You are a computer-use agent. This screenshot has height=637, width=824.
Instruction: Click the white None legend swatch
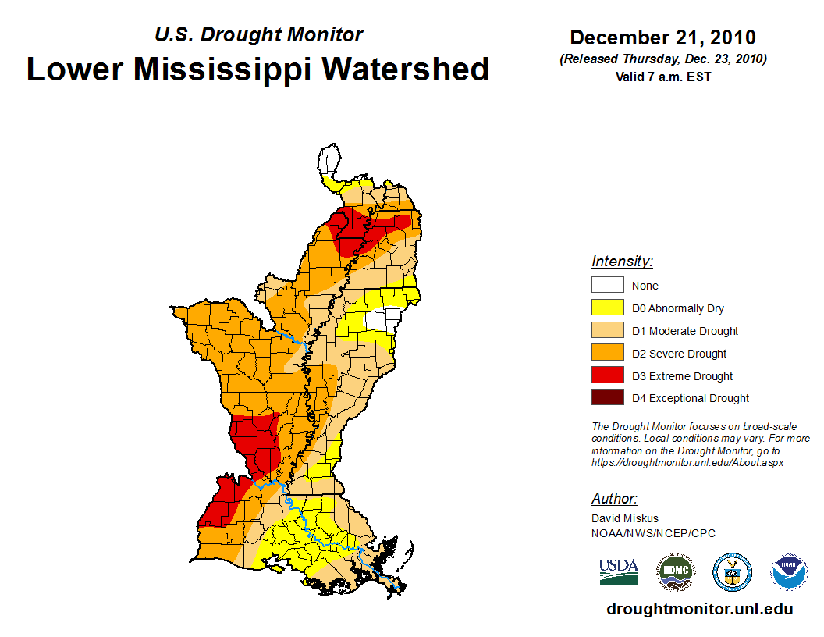607,285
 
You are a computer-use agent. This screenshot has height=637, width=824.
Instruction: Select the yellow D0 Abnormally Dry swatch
607,308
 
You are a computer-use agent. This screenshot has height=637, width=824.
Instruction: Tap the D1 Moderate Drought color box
607,330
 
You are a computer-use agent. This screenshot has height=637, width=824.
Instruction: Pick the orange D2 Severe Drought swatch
607,353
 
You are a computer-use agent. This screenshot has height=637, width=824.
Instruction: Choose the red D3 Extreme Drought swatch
607,375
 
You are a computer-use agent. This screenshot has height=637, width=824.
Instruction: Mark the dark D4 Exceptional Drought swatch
607,397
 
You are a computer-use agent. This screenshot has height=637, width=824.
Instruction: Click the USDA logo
619,572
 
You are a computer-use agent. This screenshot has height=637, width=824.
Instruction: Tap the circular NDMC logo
675,572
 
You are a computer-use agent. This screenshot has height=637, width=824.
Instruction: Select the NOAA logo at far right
789,572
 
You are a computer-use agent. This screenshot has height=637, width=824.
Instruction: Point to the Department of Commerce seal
732,572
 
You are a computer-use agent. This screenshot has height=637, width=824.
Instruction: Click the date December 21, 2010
662,37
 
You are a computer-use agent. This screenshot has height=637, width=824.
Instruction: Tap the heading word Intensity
622,262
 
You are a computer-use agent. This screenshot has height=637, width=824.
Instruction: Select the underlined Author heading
614,499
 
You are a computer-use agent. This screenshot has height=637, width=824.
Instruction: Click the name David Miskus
625,518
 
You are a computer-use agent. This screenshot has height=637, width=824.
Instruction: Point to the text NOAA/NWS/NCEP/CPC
653,533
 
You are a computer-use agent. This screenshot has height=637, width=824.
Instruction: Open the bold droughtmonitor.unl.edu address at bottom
699,610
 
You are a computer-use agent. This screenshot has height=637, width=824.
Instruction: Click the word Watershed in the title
406,69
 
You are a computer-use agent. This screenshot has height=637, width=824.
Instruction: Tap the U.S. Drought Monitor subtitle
259,35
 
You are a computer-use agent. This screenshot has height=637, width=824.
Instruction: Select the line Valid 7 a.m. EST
662,77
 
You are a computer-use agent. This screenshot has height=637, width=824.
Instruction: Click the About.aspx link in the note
687,462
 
